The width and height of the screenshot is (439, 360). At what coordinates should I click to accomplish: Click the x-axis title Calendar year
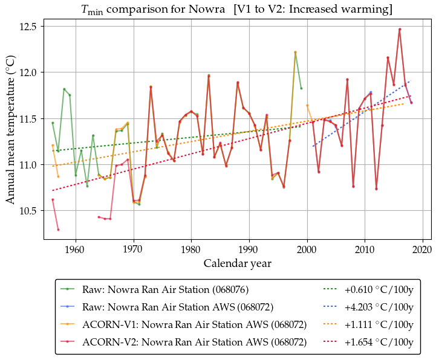(x=237, y=263)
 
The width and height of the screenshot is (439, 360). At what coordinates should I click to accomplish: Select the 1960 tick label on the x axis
(x=75, y=249)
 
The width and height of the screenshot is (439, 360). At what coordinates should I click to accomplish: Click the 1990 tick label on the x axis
(x=249, y=249)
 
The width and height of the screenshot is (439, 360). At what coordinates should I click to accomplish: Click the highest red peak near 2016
(x=400, y=29)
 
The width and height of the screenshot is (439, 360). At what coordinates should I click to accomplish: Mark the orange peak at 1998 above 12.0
(x=295, y=53)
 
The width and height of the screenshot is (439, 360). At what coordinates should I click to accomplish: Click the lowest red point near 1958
(x=58, y=230)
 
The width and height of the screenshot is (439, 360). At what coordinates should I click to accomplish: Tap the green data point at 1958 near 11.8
(x=64, y=89)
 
